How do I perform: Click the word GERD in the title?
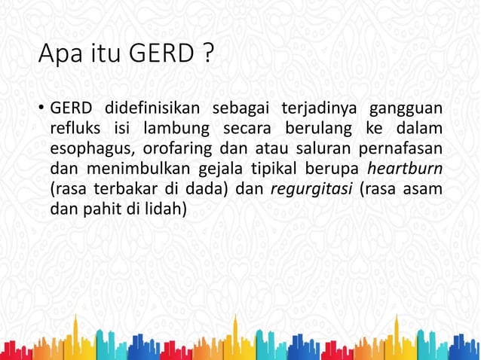tap(161, 54)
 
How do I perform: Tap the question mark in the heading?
tap(207, 54)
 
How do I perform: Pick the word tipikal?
tap(281, 169)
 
